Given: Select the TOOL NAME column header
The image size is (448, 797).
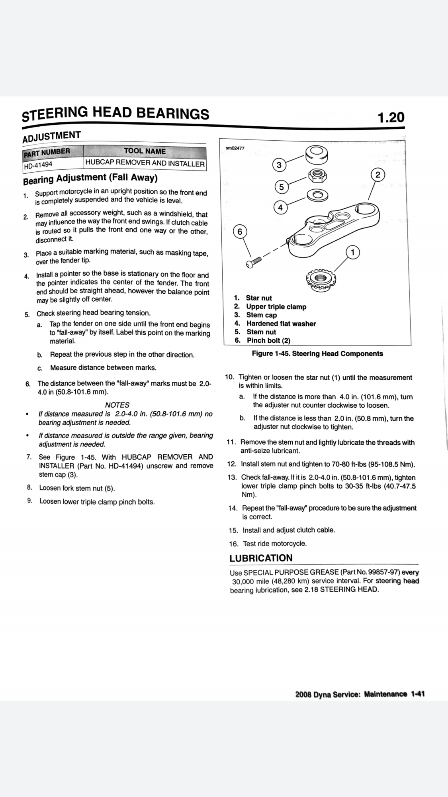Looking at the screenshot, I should coord(145,151).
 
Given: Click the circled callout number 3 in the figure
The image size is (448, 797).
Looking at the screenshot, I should coord(279,165).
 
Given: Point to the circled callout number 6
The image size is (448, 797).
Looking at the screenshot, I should coord(239,232).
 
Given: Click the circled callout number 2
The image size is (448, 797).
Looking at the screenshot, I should coord(378,175).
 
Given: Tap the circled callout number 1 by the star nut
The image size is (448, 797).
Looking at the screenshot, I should coord(353,252).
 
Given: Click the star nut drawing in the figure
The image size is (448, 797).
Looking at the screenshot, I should coord(320,279).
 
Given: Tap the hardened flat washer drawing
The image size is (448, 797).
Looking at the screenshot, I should coord(317,195).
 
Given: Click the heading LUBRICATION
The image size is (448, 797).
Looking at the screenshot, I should coord(261,558).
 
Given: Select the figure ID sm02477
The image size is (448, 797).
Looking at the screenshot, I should coord(235,148).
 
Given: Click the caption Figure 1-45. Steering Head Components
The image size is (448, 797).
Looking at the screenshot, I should coord(317,353).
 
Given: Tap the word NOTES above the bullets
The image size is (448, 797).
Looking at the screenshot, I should coord(117,405).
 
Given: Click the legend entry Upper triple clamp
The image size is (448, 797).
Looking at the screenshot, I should coord(276,306).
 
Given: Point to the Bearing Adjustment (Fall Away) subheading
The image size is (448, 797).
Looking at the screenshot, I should coord(90,179).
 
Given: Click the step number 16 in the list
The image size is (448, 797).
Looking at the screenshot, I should coord(234,544).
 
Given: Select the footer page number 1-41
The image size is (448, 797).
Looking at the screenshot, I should coord(418,694).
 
